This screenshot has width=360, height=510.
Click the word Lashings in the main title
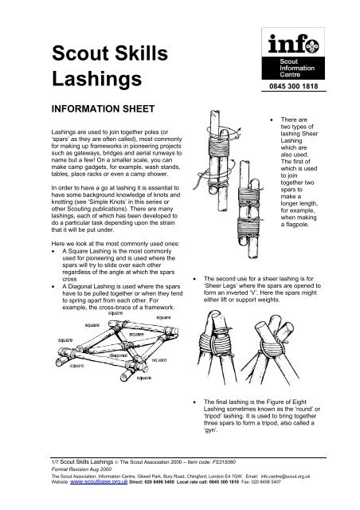(x=97, y=80)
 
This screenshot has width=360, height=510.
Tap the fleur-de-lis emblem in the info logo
(x=313, y=45)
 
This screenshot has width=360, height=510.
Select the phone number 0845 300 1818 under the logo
(x=293, y=86)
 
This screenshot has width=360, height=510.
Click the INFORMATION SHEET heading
(x=103, y=108)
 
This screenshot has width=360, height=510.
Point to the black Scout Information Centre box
(x=293, y=68)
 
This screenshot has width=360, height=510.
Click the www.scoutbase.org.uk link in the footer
(x=99, y=481)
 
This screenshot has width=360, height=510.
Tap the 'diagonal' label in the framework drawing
(x=118, y=355)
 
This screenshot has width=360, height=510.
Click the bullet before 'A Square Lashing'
(x=53, y=252)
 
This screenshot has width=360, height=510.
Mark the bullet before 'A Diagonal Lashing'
(x=53, y=287)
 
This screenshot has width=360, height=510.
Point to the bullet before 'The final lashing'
(x=194, y=402)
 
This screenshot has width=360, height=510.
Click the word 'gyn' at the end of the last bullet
(x=211, y=430)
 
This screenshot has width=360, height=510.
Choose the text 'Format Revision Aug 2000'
(x=81, y=469)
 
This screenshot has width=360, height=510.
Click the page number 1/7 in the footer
(x=55, y=462)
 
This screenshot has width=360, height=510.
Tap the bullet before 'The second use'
(x=194, y=279)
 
